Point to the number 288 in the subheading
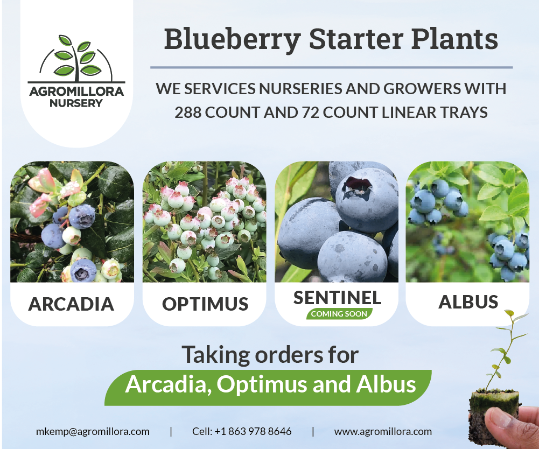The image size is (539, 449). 188,113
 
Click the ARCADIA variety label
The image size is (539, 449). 71,304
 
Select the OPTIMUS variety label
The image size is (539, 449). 205,304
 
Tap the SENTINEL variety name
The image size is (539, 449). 338,298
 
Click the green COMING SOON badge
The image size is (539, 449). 339,314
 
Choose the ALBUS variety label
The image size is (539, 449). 468,302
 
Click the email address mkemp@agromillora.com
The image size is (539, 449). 93,431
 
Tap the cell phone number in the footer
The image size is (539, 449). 242,431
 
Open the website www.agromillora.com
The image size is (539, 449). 383,431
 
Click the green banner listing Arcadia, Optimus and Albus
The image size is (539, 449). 269,385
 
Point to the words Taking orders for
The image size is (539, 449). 270,355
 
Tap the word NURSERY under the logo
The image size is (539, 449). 75,102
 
